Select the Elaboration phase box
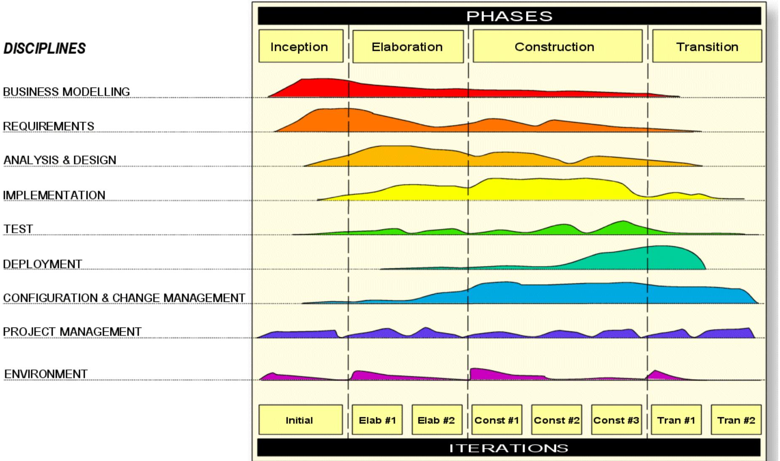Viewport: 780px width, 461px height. pyautogui.click(x=407, y=46)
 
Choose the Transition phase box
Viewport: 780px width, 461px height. pyautogui.click(x=707, y=46)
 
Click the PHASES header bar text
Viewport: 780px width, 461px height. pyautogui.click(x=509, y=16)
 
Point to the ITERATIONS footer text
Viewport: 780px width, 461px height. pyautogui.click(x=508, y=448)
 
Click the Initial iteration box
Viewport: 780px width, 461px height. pyautogui.click(x=300, y=420)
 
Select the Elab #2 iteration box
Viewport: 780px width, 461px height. pyautogui.click(x=436, y=420)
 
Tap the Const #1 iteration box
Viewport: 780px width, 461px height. pyautogui.click(x=496, y=420)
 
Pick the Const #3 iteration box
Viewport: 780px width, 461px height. pyautogui.click(x=616, y=420)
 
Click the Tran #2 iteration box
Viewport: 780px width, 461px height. pyautogui.click(x=736, y=420)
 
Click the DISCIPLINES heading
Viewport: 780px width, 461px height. pyautogui.click(x=45, y=49)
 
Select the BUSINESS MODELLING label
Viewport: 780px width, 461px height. pyautogui.click(x=67, y=92)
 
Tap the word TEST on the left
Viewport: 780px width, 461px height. pyautogui.click(x=18, y=229)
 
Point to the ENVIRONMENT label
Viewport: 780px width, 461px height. pyautogui.click(x=46, y=374)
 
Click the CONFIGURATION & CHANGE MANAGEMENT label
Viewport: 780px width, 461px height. pyautogui.click(x=124, y=298)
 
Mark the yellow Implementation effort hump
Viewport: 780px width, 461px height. pyautogui.click(x=548, y=189)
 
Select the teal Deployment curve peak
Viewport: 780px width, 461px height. pyautogui.click(x=661, y=257)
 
